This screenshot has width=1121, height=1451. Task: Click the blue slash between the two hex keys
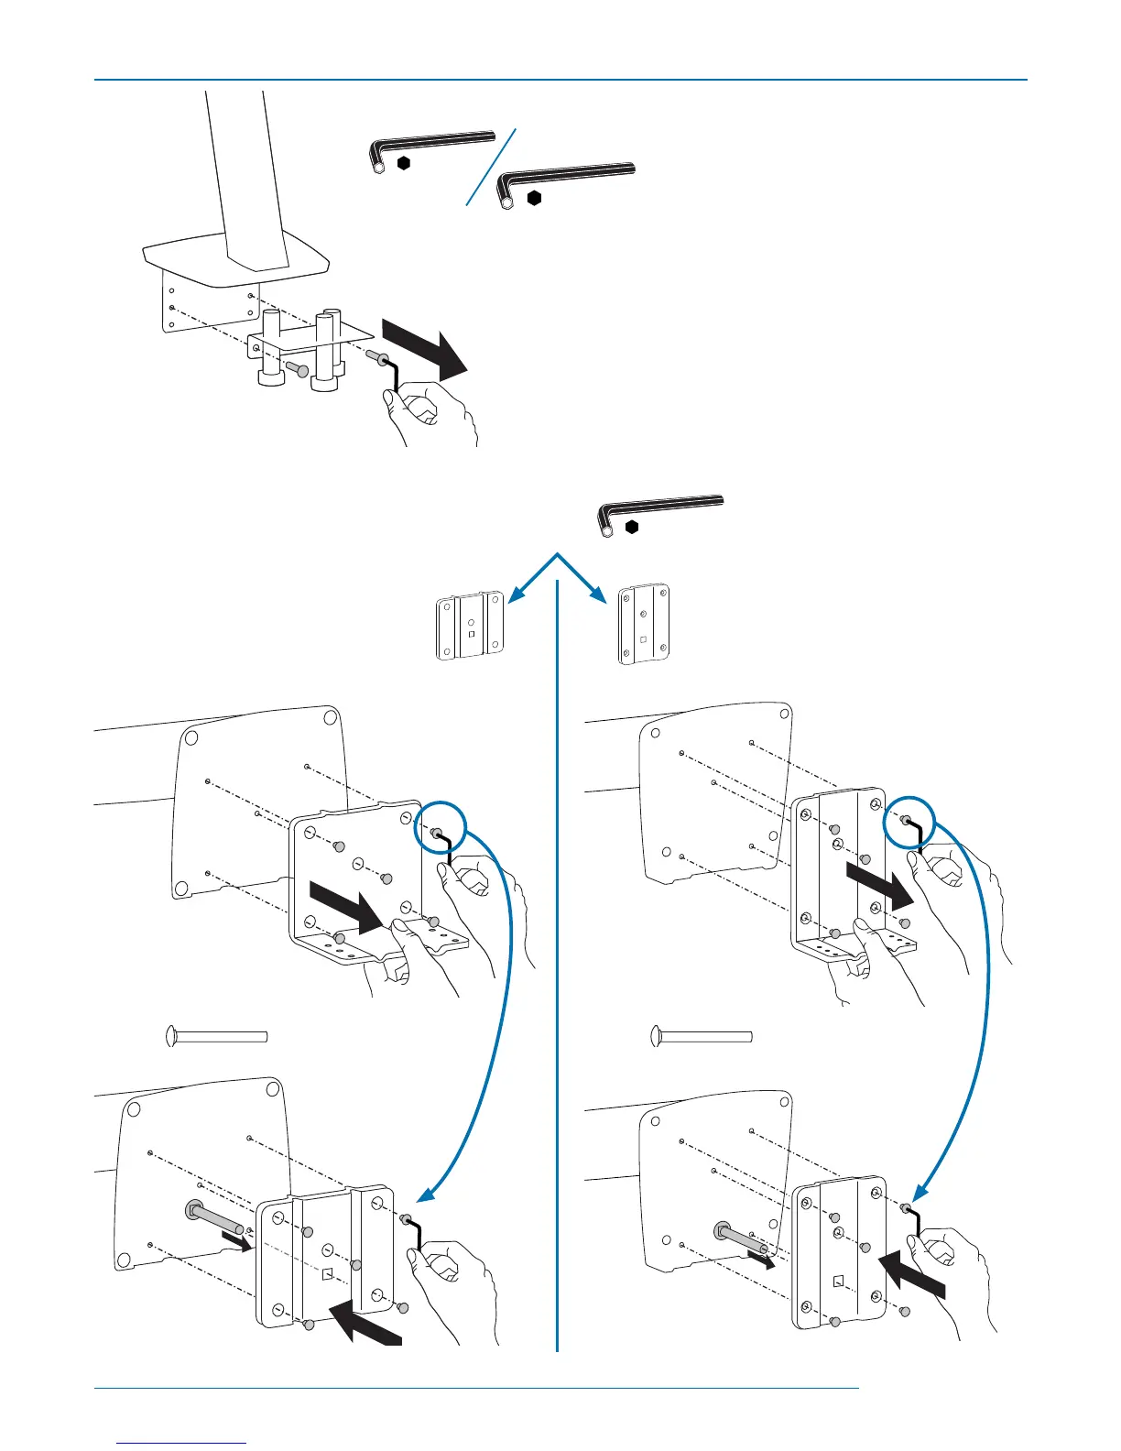pyautogui.click(x=492, y=166)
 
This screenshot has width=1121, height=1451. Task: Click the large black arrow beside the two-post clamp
pyautogui.click(x=425, y=346)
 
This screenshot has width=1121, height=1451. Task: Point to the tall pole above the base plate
pyautogui.click(x=241, y=174)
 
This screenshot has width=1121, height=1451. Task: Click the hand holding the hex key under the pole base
pyautogui.click(x=430, y=412)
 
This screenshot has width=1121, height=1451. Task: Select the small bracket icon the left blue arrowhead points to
pyautogui.click(x=469, y=626)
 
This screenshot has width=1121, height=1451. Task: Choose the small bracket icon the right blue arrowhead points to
pyautogui.click(x=644, y=624)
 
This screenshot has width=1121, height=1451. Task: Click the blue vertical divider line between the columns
pyautogui.click(x=557, y=962)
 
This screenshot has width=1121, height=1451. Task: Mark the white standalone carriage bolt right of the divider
pyautogui.click(x=702, y=1036)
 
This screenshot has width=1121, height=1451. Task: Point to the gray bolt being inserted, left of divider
pyautogui.click(x=216, y=1219)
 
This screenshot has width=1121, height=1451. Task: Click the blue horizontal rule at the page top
pyautogui.click(x=560, y=80)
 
